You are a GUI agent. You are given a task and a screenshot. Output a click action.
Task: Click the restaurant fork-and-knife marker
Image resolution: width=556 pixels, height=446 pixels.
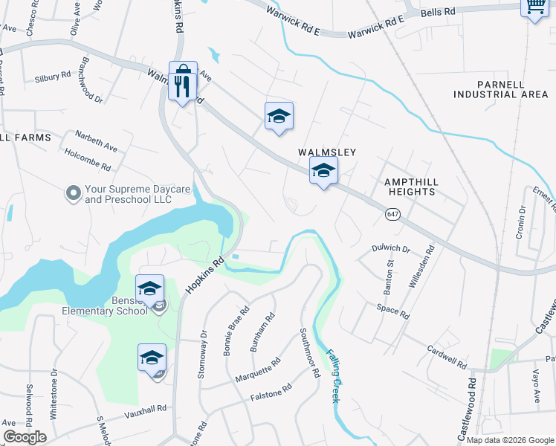pyautogui.click(x=183, y=84)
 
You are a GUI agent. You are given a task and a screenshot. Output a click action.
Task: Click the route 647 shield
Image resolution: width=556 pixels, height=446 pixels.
pyautogui.click(x=392, y=214)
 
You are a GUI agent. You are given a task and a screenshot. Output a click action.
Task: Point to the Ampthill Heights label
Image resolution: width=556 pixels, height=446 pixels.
pyautogui.click(x=410, y=187)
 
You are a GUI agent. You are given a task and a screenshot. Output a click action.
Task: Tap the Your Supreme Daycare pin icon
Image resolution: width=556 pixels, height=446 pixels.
pyautogui.click(x=73, y=194)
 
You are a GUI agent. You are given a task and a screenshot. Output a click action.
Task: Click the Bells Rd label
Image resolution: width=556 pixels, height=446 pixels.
pyautogui.click(x=437, y=13)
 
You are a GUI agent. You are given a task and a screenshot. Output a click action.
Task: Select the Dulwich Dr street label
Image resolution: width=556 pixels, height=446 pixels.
pyautogui.click(x=391, y=248)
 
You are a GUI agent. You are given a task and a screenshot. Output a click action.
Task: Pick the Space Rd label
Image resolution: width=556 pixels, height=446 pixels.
pyautogui.click(x=392, y=311)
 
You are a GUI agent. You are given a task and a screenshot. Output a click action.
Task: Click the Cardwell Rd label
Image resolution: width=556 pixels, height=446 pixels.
pyautogui.click(x=447, y=358)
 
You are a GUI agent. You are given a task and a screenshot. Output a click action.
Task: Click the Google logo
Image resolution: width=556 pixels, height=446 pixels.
pyautogui.click(x=25, y=436)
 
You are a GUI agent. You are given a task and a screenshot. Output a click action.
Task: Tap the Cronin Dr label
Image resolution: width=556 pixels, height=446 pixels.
pyautogui.click(x=520, y=223)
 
